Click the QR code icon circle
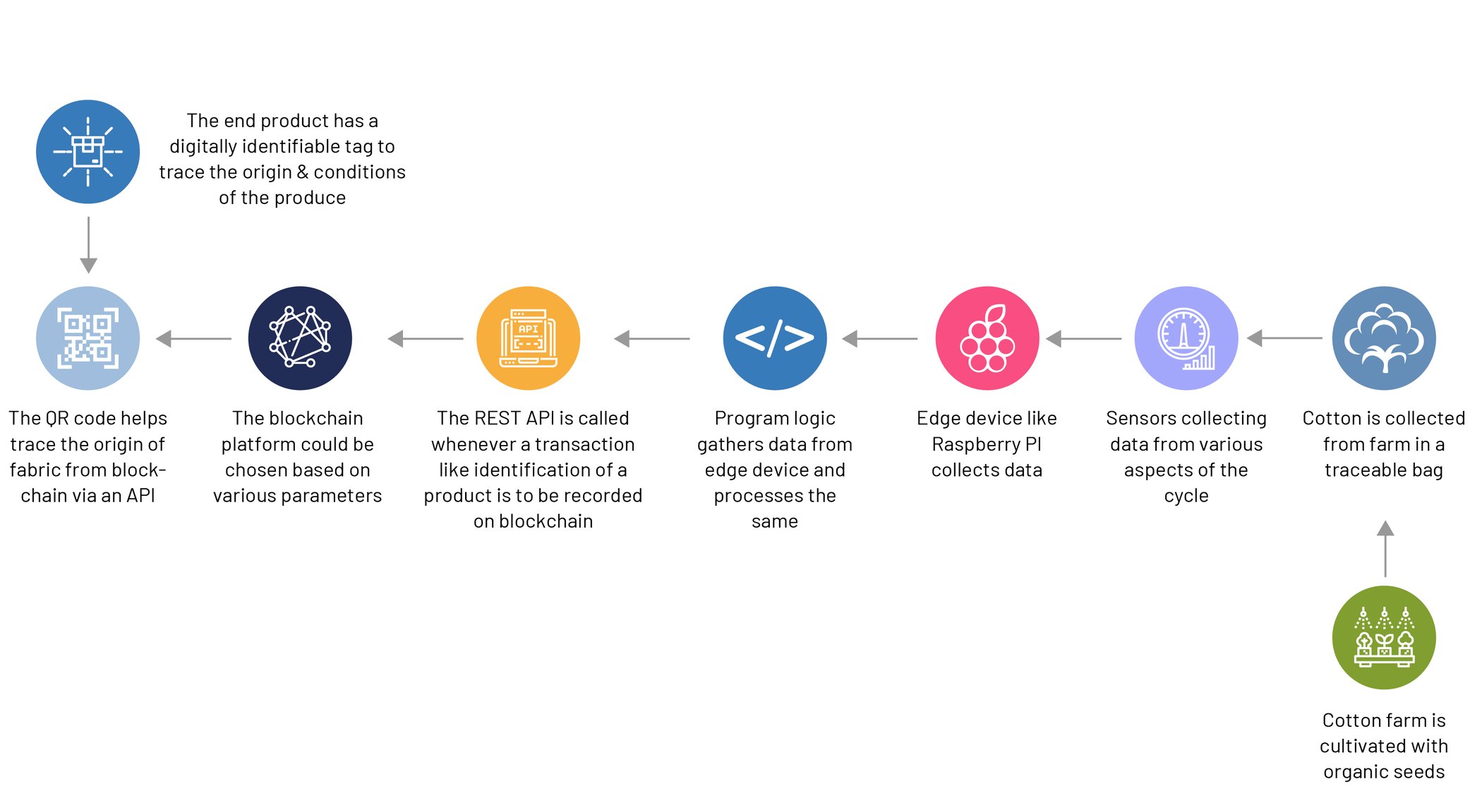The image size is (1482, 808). (88, 338)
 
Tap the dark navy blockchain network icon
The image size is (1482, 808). (300, 338)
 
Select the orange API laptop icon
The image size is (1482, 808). (528, 338)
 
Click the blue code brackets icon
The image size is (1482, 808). (775, 338)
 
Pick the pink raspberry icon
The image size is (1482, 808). (987, 338)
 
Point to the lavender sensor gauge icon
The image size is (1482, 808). (1186, 338)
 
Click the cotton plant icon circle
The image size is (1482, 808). (1384, 338)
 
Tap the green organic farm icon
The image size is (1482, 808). (1384, 637)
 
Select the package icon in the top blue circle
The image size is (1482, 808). (88, 151)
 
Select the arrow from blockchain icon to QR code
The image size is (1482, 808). (193, 339)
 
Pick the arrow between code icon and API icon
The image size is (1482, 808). (652, 339)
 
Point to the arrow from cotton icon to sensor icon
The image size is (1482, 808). (1284, 338)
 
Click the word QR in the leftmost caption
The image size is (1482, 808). (57, 418)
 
